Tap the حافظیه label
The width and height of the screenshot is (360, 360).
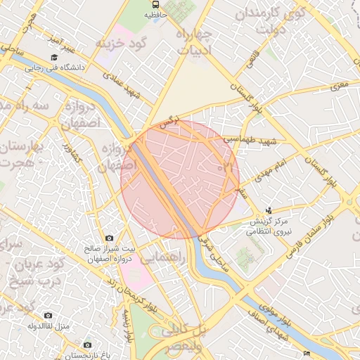coord(156,13)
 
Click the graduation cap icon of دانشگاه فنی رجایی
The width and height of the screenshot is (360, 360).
coord(54,58)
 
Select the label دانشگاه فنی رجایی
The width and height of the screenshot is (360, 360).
coord(55,69)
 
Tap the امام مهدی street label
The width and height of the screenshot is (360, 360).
coord(269,169)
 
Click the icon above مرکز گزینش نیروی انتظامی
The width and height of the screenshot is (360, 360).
coord(270,210)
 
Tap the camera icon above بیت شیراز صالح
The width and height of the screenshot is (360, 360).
coord(108,238)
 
